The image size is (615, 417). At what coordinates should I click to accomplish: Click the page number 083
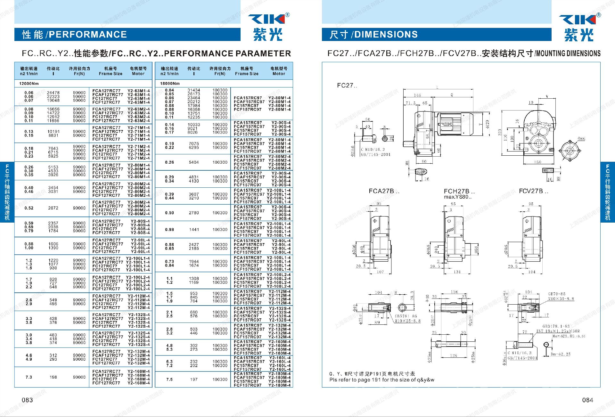(27, 400)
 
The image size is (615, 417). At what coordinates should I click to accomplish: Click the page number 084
(587, 400)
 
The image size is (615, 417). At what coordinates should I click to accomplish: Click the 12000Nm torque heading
(29, 84)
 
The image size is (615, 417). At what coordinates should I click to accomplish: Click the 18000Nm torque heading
(170, 84)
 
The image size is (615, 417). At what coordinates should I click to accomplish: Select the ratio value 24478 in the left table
(53, 93)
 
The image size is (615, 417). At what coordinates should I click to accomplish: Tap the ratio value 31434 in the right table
(194, 90)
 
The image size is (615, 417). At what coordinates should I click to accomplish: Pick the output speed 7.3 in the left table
(29, 377)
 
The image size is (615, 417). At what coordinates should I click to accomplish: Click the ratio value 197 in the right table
(194, 380)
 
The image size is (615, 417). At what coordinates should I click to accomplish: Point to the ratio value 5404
(194, 162)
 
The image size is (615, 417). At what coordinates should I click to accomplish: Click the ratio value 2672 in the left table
(53, 208)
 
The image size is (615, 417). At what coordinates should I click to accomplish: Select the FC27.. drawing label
(347, 86)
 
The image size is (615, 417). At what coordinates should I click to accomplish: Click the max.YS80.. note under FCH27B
(458, 197)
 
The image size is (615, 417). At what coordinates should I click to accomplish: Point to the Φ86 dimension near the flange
(581, 139)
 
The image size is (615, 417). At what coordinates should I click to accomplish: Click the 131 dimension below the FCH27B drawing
(457, 272)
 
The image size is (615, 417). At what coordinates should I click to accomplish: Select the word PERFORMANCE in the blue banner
(88, 35)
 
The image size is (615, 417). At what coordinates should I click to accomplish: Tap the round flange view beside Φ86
(570, 151)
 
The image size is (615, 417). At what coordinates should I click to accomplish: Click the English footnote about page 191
(381, 380)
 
